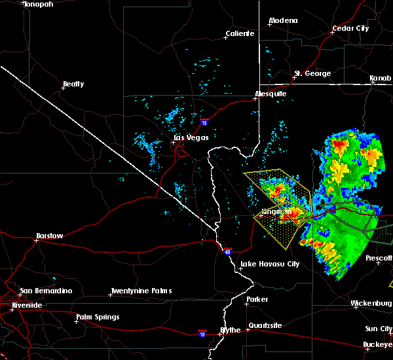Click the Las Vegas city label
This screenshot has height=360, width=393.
tap(191, 137)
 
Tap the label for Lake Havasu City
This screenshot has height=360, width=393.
tap(270, 264)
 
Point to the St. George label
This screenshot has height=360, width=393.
tap(312, 73)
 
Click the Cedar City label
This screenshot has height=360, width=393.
tap(351, 28)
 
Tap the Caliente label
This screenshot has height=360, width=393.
tap(240, 33)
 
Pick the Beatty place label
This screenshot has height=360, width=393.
tap(73, 84)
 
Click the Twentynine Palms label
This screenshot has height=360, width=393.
tap(141, 291)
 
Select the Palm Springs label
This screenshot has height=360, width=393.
tap(98, 317)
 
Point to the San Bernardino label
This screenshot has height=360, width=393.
tap(45, 291)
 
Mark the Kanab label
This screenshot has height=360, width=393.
tap(381, 78)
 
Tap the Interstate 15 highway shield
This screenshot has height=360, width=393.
tap(204, 122)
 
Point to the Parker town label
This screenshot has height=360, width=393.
tap(257, 299)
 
